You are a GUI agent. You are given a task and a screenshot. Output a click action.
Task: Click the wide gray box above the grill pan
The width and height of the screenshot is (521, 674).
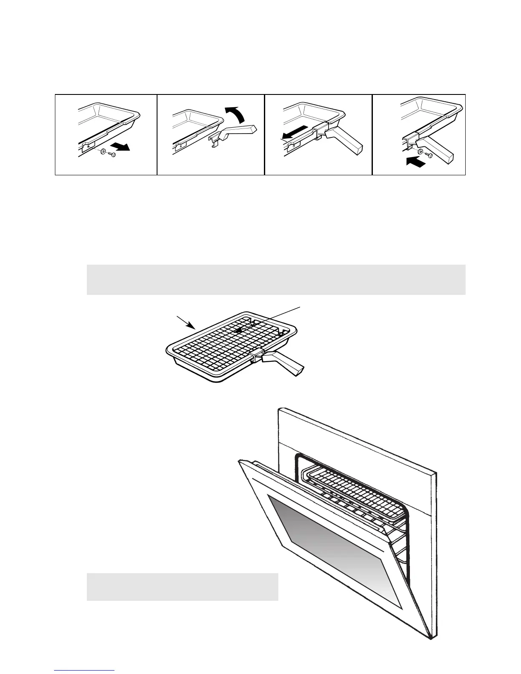(276, 280)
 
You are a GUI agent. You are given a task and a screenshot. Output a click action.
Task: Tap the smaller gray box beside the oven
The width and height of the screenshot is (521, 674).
(182, 587)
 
